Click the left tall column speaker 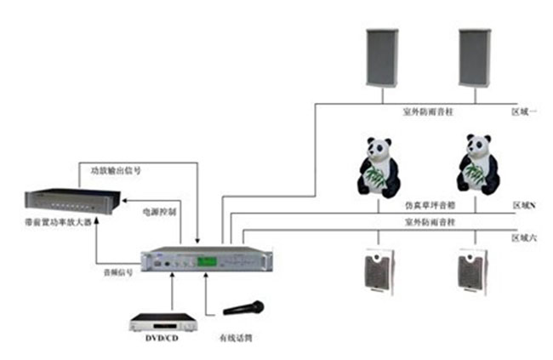382,57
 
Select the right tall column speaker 475,57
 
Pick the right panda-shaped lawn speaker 476,167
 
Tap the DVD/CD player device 162,323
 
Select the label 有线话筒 236,338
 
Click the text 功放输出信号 116,170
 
